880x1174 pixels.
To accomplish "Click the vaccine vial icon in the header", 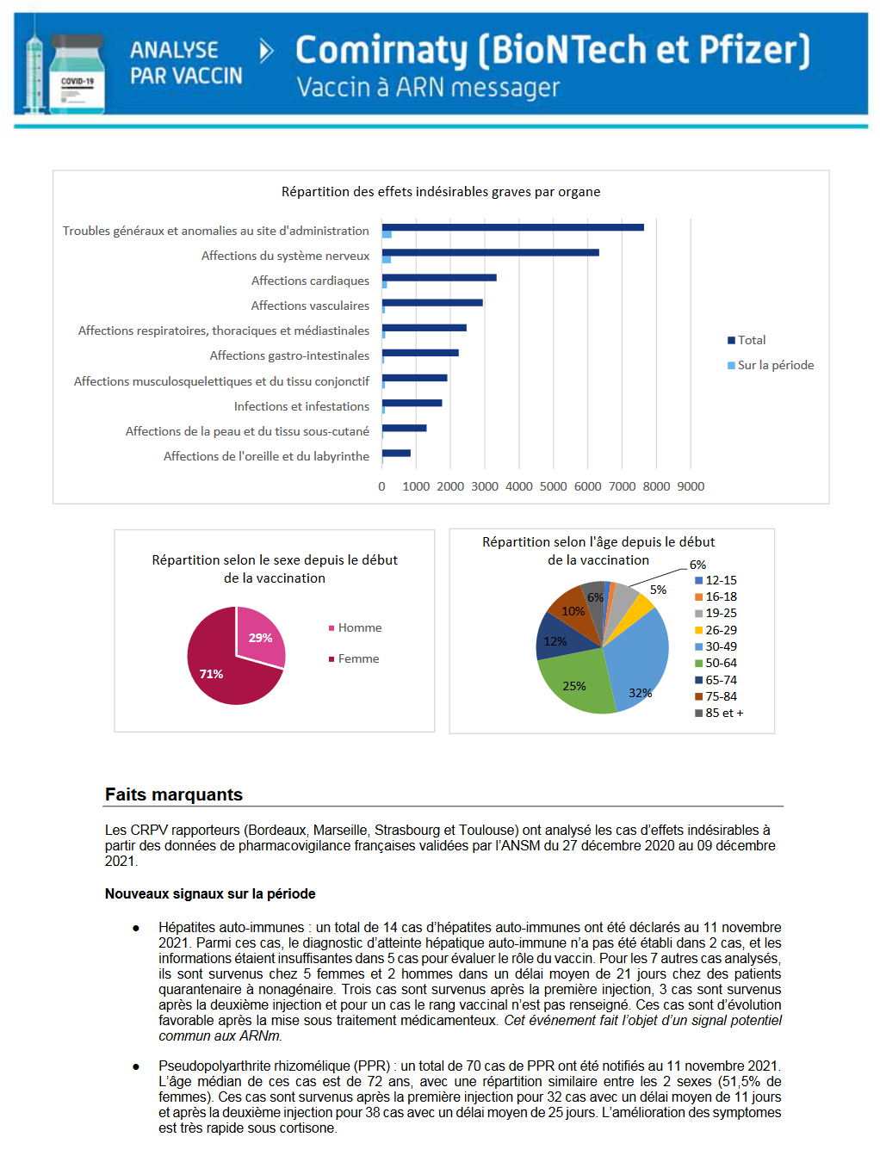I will pyautogui.click(x=77, y=76).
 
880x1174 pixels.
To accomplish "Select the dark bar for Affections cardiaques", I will pyautogui.click(x=439, y=277).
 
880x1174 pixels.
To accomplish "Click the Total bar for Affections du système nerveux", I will pyautogui.click(x=491, y=252).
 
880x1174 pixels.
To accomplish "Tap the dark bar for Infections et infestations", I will pyautogui.click(x=412, y=403).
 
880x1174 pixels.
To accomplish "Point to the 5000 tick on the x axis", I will pyautogui.click(x=553, y=486).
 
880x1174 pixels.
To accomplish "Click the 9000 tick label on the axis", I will pyautogui.click(x=691, y=486).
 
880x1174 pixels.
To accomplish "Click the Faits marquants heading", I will pyautogui.click(x=174, y=794).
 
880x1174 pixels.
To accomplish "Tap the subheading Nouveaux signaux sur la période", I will pyautogui.click(x=210, y=893).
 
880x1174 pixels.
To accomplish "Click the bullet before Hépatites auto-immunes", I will pyautogui.click(x=136, y=928).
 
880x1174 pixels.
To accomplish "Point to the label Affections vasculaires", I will pyautogui.click(x=310, y=306).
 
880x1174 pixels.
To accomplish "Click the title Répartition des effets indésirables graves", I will pyautogui.click(x=441, y=191).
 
